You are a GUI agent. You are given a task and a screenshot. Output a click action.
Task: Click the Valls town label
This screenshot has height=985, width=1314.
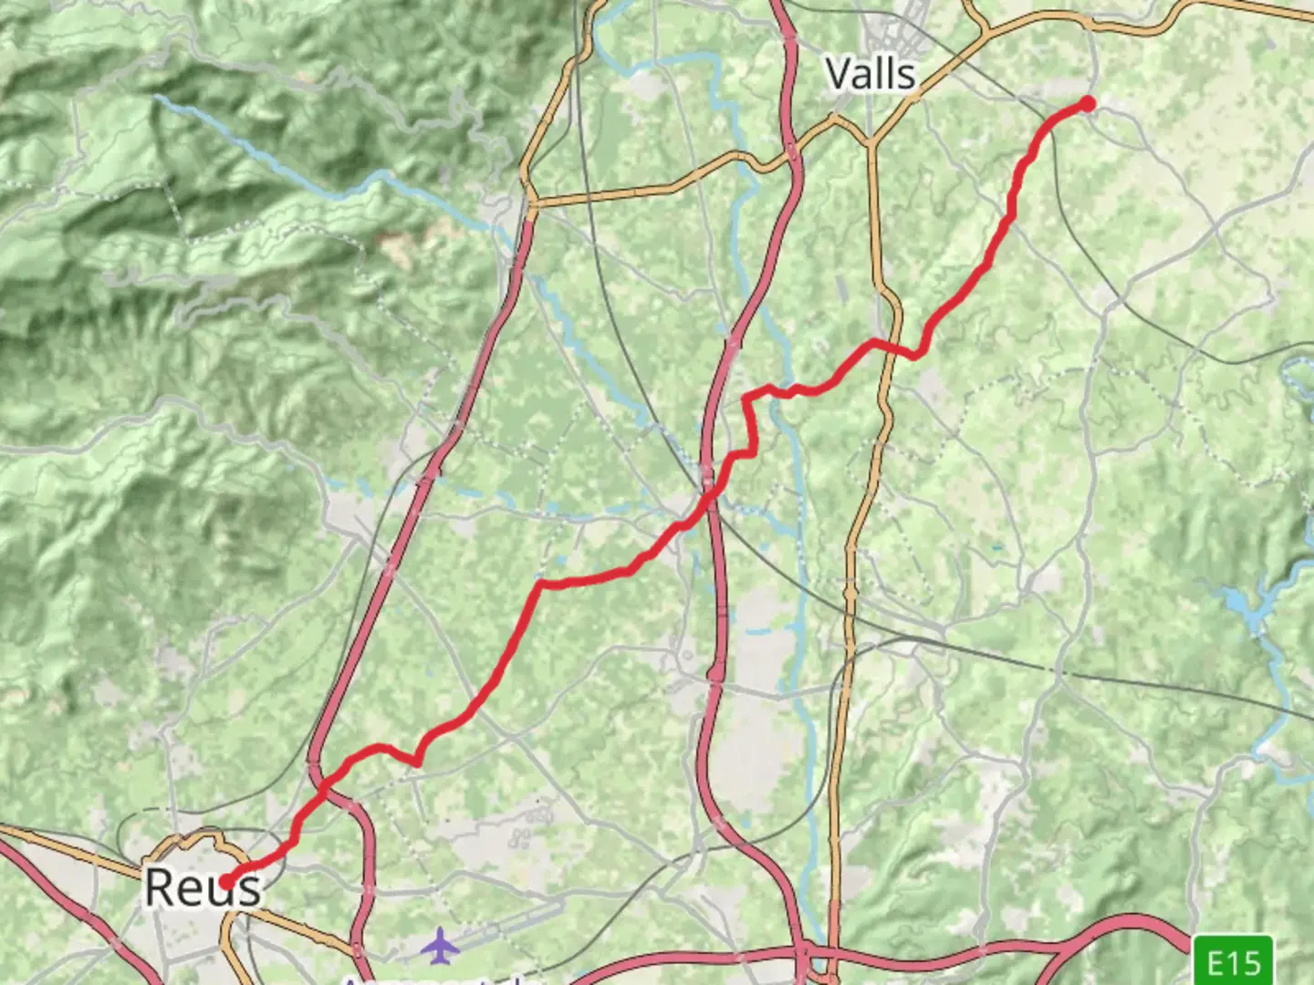point(870,73)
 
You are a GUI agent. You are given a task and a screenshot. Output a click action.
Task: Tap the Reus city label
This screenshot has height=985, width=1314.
point(203,886)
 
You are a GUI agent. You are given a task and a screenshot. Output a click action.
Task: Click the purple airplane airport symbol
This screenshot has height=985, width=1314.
point(440,945)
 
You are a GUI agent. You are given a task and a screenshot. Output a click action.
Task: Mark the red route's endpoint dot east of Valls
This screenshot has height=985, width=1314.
point(1087,104)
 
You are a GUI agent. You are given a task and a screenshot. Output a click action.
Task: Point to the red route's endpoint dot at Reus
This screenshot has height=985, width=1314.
point(225,881)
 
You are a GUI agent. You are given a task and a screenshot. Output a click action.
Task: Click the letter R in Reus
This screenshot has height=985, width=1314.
point(161,886)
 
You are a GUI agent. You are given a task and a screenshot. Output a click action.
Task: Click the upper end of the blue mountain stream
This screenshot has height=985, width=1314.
point(157,96)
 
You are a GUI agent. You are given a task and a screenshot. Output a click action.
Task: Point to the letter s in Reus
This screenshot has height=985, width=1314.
point(246,888)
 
